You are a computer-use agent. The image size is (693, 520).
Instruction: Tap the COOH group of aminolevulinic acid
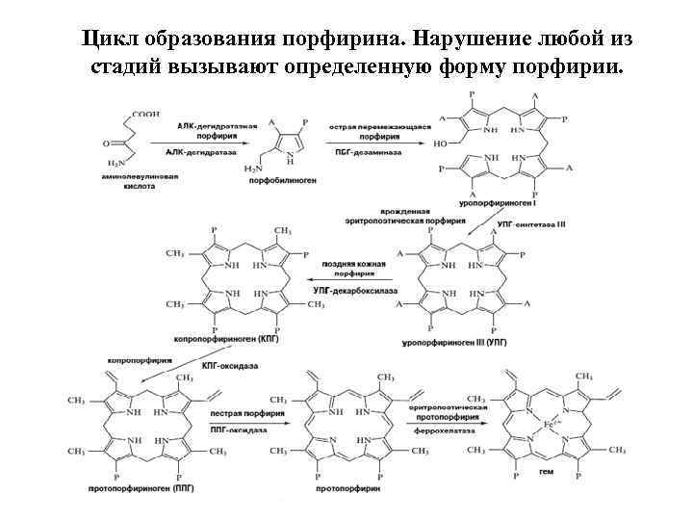pos(145,114)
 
